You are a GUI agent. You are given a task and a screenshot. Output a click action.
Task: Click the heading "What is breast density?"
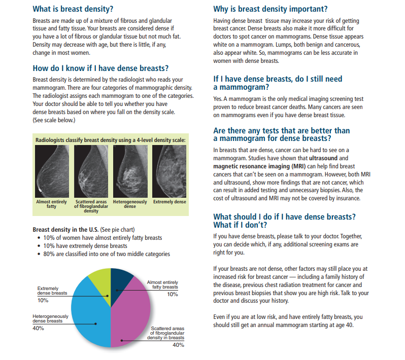click(x=73, y=9)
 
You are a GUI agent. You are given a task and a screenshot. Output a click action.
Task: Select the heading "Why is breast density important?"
click(x=270, y=9)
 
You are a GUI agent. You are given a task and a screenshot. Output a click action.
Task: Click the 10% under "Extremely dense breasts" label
click(x=43, y=301)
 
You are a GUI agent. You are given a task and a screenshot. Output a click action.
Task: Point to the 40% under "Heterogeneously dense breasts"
click(x=38, y=328)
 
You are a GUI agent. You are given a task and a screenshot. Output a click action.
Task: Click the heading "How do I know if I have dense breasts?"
click(x=100, y=68)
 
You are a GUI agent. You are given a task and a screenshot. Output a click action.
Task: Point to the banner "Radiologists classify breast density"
click(x=111, y=139)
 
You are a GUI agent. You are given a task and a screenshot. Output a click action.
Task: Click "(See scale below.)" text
click(x=54, y=120)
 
